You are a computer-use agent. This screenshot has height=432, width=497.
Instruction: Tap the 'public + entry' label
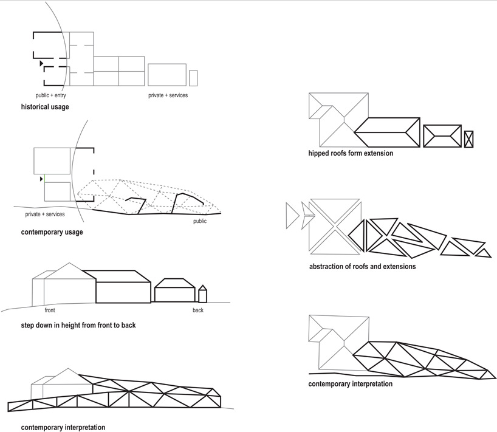[x=55, y=95]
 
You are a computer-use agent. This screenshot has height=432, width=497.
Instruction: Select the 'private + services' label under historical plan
[x=168, y=95]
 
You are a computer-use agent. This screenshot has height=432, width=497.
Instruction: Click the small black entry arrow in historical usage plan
[x=41, y=63]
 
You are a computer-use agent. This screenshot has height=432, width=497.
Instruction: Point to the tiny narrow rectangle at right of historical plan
[x=193, y=78]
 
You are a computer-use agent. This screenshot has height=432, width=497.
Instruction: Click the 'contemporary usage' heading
[x=52, y=232]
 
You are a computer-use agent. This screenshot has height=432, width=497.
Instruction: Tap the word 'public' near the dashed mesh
[x=200, y=221]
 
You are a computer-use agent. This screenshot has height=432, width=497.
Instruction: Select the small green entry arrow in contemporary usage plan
[x=42, y=179]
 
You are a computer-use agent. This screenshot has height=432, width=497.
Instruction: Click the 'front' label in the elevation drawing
[x=50, y=310]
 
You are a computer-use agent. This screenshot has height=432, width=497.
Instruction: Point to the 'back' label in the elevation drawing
[x=198, y=310]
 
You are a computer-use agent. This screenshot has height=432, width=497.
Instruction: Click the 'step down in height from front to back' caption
[x=78, y=325]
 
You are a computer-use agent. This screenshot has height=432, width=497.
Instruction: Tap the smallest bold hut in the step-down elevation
[x=203, y=294]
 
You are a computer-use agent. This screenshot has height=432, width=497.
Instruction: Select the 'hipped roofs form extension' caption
[x=351, y=153]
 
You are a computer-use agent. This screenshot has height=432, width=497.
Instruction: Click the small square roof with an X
[x=468, y=139]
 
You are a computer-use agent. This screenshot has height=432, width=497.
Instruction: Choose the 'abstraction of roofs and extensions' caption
[x=362, y=266]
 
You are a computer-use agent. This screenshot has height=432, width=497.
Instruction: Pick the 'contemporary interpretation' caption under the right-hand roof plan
[x=350, y=383]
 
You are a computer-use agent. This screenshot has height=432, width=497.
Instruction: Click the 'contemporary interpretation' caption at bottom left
[x=63, y=427]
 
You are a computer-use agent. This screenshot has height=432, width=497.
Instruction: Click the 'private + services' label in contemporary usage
[x=45, y=214]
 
